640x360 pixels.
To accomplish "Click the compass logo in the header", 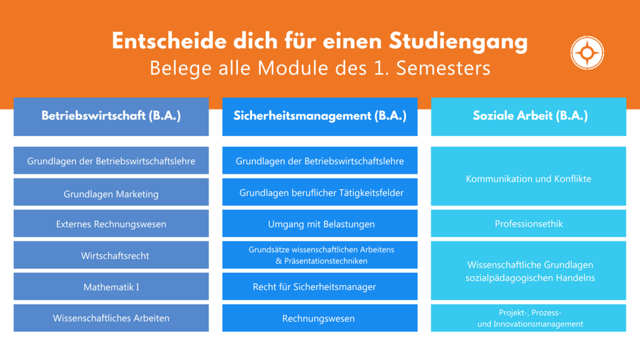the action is pos(587,53).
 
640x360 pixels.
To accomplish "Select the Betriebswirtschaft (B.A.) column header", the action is pos(111,116).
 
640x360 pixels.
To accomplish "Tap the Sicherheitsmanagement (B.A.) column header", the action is pos(319,116).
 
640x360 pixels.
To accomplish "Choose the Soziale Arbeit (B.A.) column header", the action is pos(528,116).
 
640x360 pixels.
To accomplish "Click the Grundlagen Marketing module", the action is pos(111,192).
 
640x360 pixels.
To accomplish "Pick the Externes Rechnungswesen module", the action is pos(111,223).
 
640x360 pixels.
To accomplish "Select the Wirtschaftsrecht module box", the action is pos(111,255).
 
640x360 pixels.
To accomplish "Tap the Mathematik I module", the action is pos(111,286).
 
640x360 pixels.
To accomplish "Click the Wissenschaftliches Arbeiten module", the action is pos(111,318).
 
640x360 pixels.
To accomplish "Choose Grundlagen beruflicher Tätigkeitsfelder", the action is pos(319,192).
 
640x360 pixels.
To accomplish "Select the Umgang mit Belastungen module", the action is pos(319,223).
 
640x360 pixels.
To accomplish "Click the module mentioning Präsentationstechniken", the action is pos(319,255).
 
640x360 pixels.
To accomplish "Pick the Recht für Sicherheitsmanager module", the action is pos(319,286).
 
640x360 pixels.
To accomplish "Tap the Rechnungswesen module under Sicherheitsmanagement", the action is pos(319,318).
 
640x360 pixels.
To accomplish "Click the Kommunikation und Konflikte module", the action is pos(528,176).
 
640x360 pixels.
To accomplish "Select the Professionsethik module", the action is pos(528,223).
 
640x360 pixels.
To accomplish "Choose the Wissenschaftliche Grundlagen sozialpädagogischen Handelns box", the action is pos(528,270).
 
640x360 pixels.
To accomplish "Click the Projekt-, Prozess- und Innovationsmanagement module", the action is pos(528,318).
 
